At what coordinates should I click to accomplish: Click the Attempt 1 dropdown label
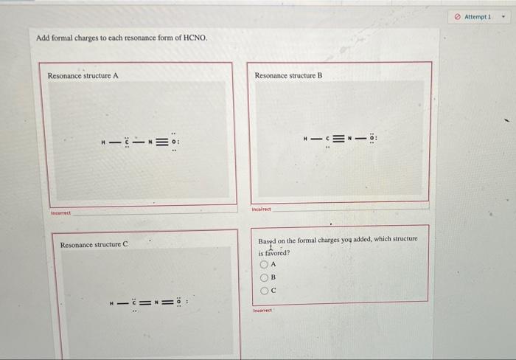click(x=479, y=16)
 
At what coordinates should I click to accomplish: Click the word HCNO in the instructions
click(x=196, y=38)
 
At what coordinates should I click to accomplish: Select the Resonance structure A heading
click(x=83, y=76)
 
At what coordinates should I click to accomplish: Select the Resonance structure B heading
click(x=288, y=75)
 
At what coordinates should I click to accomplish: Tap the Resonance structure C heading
click(x=94, y=244)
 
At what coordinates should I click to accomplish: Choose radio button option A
click(x=264, y=264)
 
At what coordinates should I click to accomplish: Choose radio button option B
click(x=264, y=277)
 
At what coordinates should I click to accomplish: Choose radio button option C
click(x=264, y=290)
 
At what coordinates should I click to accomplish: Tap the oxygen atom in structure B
click(x=373, y=138)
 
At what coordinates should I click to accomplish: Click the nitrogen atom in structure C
click(x=157, y=302)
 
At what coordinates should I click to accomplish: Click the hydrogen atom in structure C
click(x=111, y=302)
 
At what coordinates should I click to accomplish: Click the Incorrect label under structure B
click(x=262, y=209)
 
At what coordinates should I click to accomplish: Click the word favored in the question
click(x=276, y=252)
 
